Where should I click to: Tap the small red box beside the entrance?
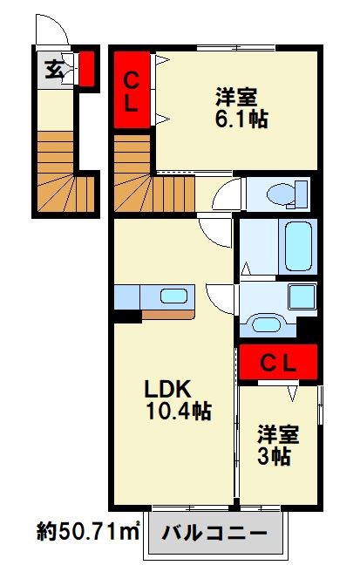pos(86,68)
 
